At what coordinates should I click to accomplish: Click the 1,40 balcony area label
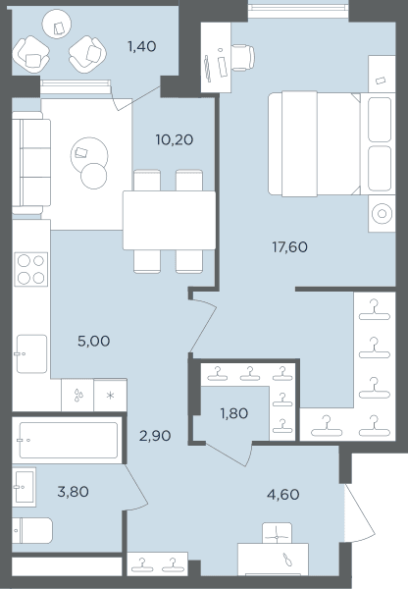tap(141, 46)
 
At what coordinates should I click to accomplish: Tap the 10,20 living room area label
tap(175, 139)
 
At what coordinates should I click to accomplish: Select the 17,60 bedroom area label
tap(289, 247)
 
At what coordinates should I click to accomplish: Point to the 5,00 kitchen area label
tap(93, 341)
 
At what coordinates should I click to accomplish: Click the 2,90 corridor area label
tap(155, 436)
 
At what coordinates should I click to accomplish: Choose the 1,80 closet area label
tap(233, 413)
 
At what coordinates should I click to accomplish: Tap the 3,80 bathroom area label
tap(73, 492)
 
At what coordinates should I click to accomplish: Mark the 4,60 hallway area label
tap(283, 495)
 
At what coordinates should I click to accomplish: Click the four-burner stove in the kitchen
tap(31, 269)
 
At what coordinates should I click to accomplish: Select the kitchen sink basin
tap(32, 353)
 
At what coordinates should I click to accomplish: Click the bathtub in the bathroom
tap(69, 440)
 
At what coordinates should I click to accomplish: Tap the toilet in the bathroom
tap(32, 531)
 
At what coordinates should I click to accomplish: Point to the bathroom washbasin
tap(24, 487)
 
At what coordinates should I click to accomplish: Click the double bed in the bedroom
tap(314, 143)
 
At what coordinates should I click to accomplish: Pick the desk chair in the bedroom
tap(243, 58)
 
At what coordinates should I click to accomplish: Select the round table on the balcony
tap(57, 24)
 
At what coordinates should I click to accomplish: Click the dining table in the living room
tap(170, 221)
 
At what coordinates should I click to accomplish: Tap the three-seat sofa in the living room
tap(31, 163)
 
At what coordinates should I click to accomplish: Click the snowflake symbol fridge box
tap(111, 396)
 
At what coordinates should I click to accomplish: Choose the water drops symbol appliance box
tap(77, 396)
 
